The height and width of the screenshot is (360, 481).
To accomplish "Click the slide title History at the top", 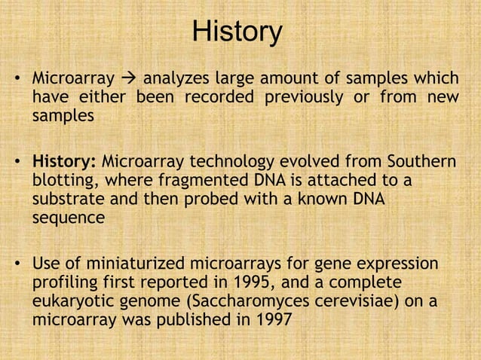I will [x=237, y=32].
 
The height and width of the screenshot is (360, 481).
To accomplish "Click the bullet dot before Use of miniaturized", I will [x=18, y=266].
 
